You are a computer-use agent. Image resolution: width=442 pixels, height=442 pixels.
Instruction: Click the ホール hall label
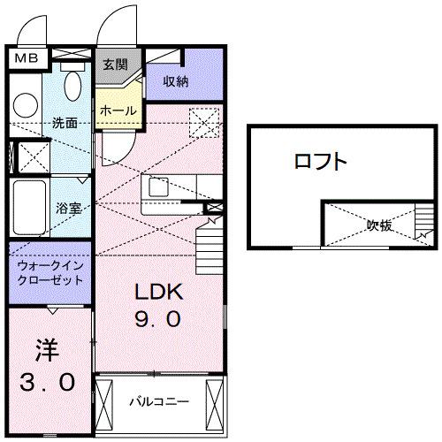tap(117, 110)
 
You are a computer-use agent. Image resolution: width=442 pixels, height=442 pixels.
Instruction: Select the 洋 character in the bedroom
tap(49, 349)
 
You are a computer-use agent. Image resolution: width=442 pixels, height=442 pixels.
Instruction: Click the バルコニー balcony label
tap(159, 400)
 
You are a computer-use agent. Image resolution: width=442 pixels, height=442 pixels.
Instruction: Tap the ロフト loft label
tap(320, 162)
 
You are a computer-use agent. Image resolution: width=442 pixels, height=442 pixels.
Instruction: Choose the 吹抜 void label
tap(380, 225)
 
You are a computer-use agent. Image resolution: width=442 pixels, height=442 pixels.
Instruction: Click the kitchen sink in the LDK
tap(160, 187)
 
